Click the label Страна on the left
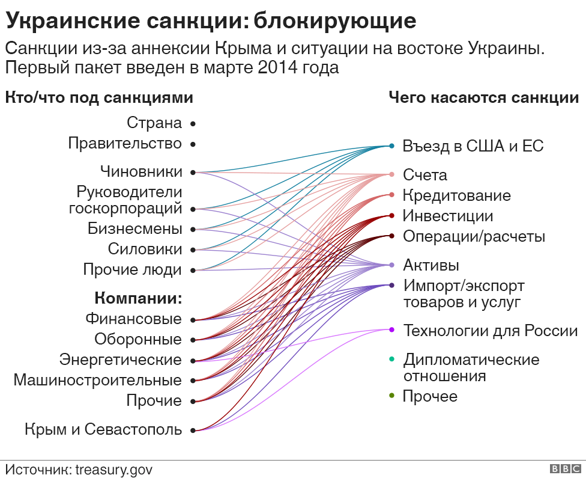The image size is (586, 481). click(x=154, y=123)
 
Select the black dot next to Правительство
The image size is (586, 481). click(x=193, y=144)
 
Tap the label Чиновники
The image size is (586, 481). click(x=141, y=172)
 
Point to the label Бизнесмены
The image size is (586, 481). click(x=134, y=229)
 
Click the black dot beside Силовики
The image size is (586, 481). click(x=193, y=250)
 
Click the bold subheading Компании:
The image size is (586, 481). click(x=138, y=299)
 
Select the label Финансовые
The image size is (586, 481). click(x=133, y=319)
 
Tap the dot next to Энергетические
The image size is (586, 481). click(x=193, y=361)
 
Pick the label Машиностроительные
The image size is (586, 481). click(x=97, y=381)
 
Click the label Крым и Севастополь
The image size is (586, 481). click(x=103, y=430)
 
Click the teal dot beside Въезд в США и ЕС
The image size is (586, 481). click(x=391, y=146)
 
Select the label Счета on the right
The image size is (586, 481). click(x=425, y=175)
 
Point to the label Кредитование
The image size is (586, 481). click(x=456, y=195)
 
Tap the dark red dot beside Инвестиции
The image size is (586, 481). click(x=391, y=216)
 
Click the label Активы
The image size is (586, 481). click(x=431, y=265)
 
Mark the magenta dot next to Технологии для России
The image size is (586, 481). click(x=391, y=329)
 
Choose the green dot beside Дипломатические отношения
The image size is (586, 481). click(x=391, y=360)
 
